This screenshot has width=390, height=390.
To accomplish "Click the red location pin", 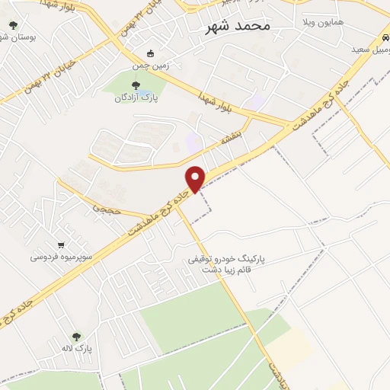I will click(x=196, y=178).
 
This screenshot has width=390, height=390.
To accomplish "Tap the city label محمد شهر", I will click(x=238, y=25).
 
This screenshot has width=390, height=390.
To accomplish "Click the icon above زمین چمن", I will click(x=151, y=53).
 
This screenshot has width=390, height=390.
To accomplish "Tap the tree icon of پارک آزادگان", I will click(x=136, y=85).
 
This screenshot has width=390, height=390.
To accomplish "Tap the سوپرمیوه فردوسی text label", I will click(x=62, y=257).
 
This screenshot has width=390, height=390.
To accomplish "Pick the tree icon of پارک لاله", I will click(x=76, y=336).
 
